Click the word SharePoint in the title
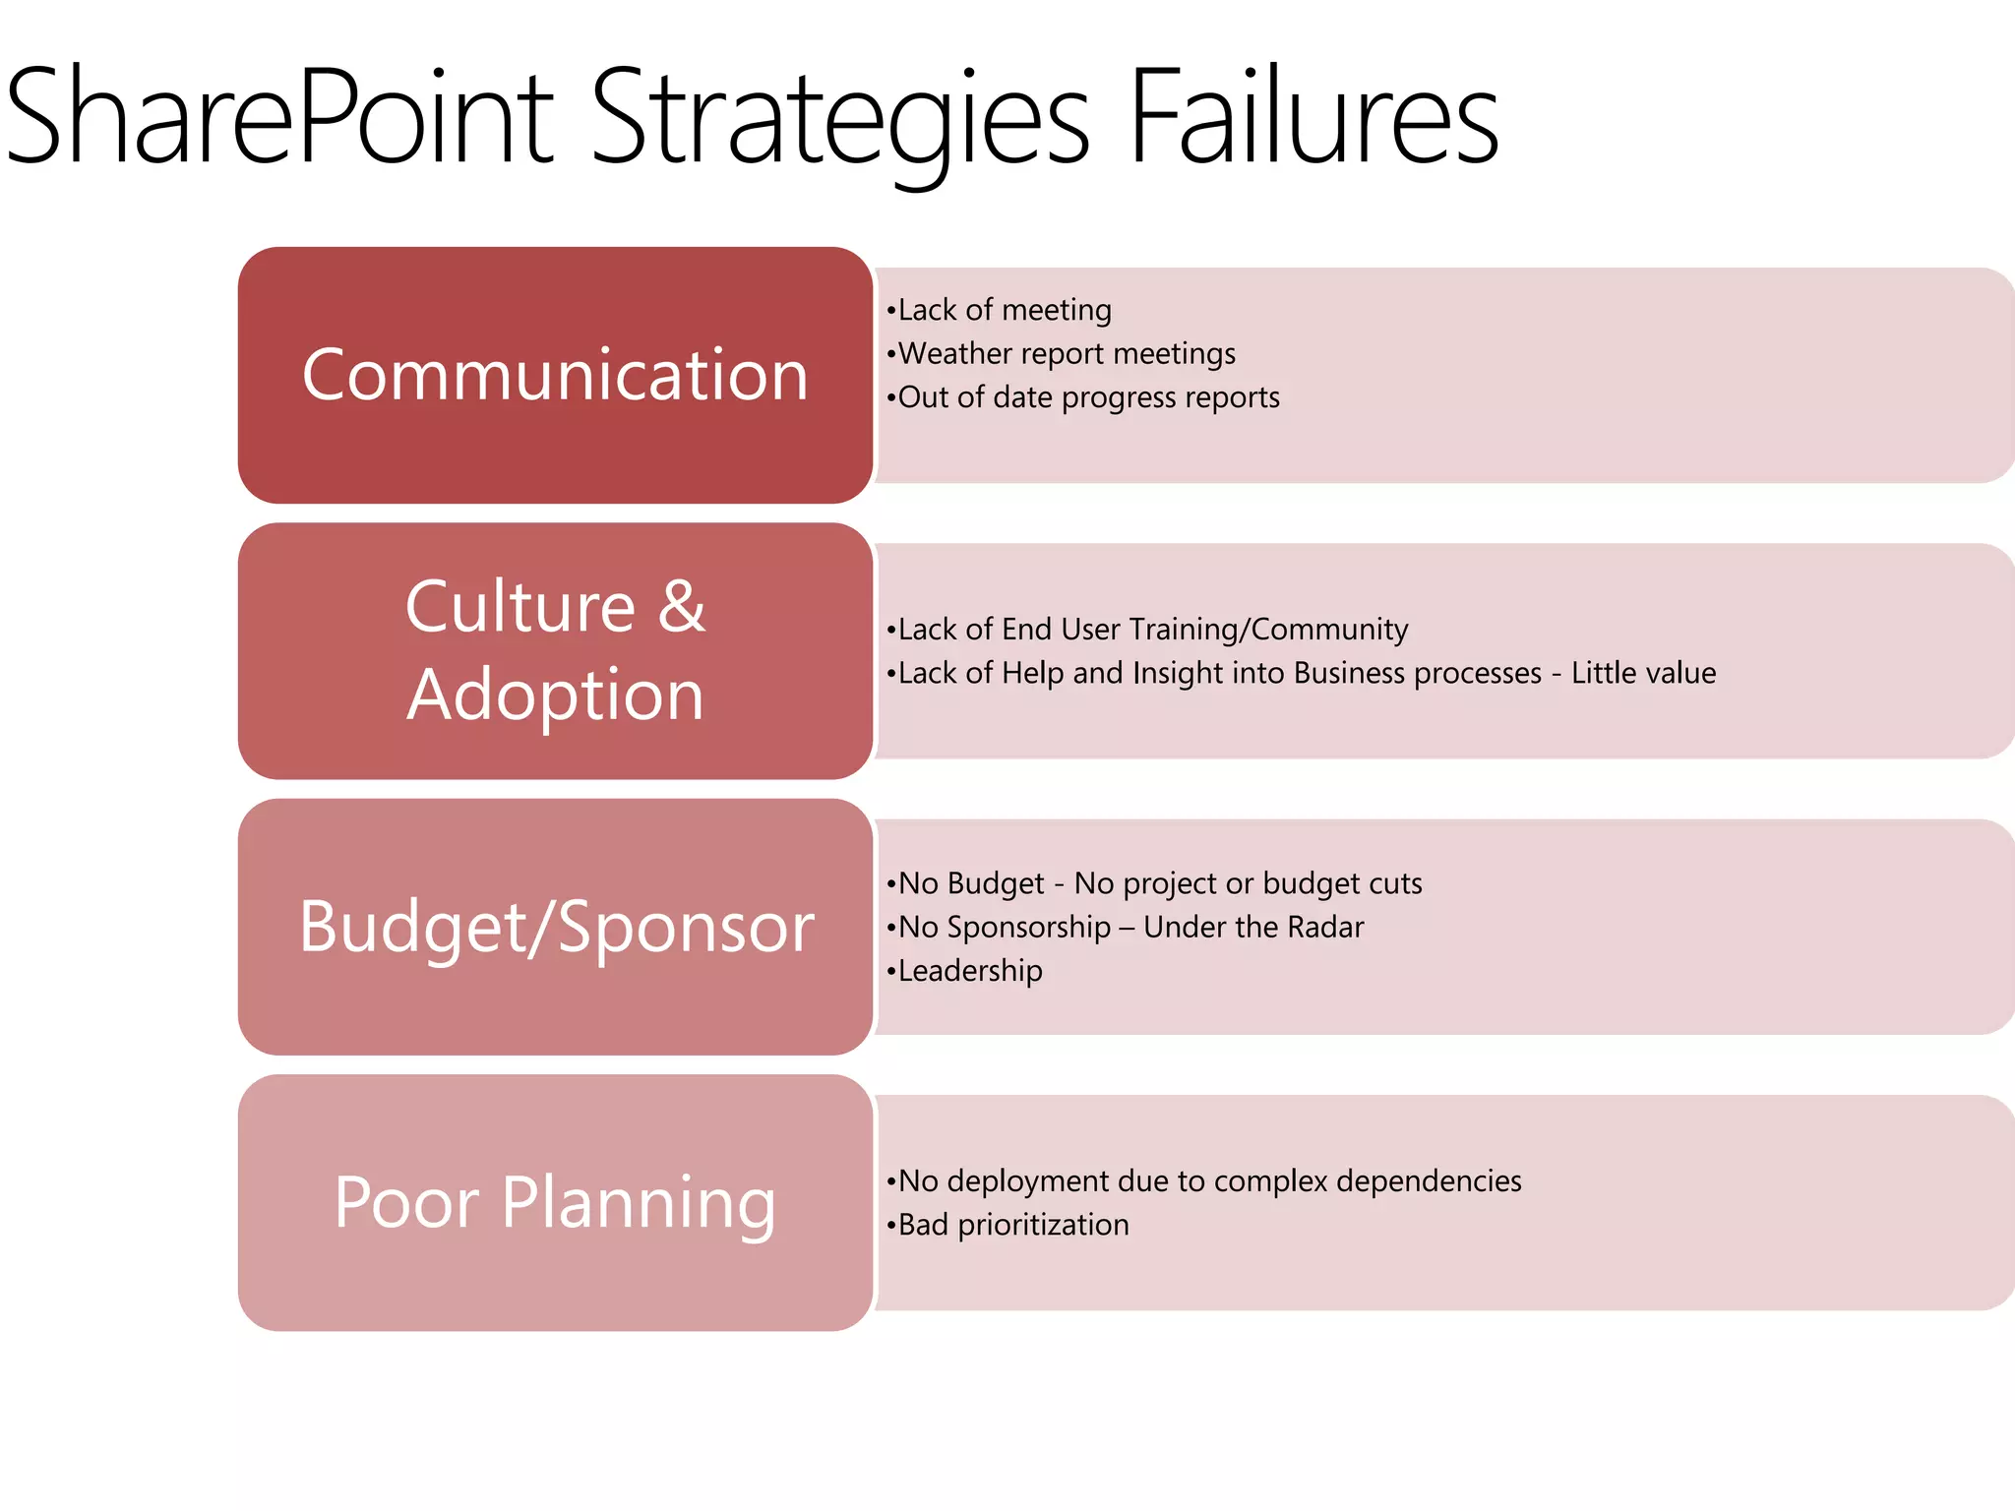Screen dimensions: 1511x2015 click(280, 116)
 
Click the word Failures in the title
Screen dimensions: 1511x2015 click(1313, 116)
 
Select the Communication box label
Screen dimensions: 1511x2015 click(555, 375)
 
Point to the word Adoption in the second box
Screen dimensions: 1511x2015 click(555, 695)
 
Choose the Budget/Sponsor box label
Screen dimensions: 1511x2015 click(556, 927)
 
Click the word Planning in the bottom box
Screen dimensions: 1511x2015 click(639, 1202)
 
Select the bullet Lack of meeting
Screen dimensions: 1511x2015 click(999, 310)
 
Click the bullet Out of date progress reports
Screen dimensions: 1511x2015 click(1082, 397)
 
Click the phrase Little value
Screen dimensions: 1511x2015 click(1643, 673)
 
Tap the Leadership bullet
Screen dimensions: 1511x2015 click(964, 971)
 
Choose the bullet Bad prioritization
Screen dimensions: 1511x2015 click(1008, 1225)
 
